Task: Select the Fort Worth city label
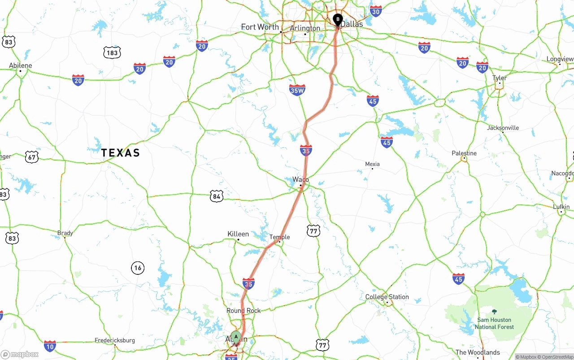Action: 260,27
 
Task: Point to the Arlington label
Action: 305,28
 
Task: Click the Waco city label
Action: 300,179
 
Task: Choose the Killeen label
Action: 238,234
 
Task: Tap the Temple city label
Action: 279,237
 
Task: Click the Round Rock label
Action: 244,310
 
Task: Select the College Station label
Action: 387,297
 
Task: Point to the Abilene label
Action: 21,65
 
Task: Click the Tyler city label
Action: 500,78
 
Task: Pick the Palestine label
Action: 464,153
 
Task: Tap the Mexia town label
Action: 372,164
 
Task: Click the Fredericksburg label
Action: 114,340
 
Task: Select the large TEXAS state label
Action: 120,153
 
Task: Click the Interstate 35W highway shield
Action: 297,90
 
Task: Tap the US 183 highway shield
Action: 112,52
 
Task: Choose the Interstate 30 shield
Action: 376,11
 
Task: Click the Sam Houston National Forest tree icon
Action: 494,312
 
